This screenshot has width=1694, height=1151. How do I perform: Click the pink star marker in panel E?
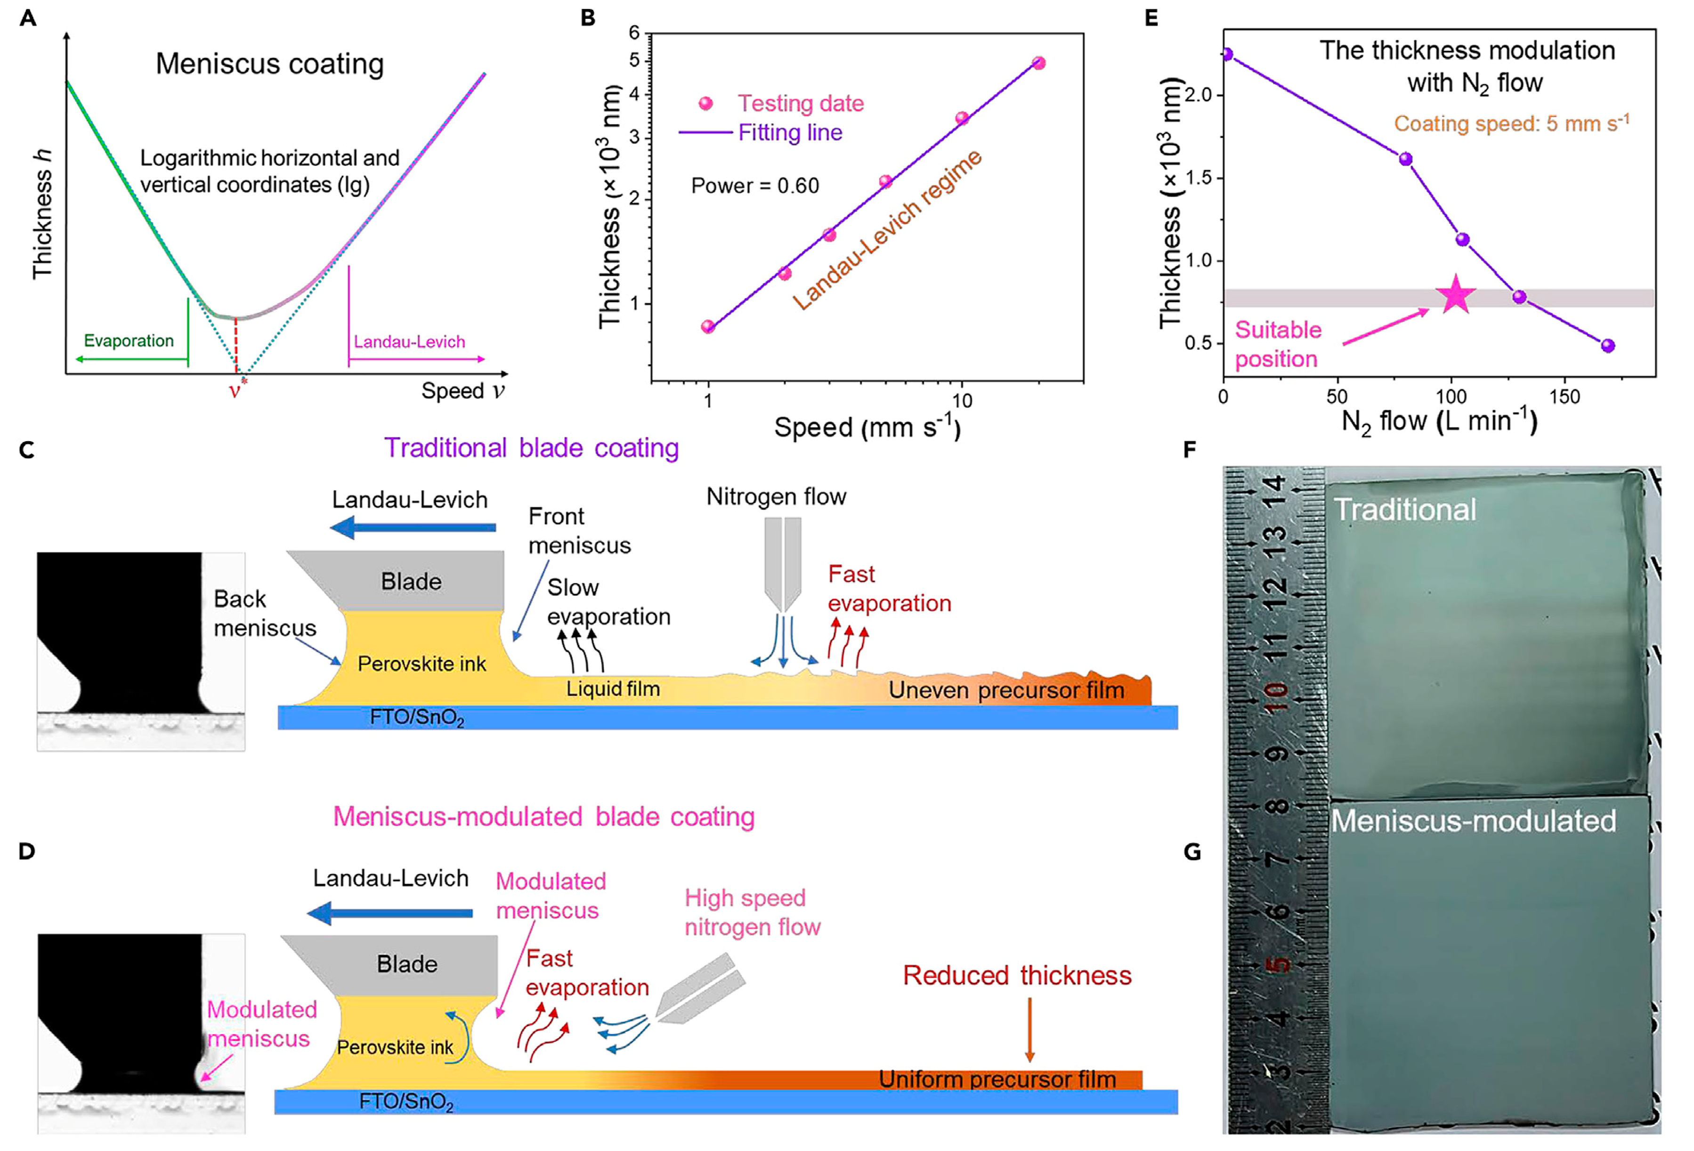(x=1455, y=295)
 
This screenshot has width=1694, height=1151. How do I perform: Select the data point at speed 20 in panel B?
(x=1039, y=64)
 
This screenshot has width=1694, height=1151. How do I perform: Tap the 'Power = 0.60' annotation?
(x=754, y=186)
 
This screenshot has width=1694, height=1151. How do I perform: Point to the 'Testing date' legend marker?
(x=705, y=104)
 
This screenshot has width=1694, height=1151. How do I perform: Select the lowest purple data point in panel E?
(x=1607, y=346)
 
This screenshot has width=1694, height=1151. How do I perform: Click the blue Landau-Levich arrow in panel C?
(x=413, y=527)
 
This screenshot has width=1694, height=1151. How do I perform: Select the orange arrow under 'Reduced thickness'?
(x=1029, y=1029)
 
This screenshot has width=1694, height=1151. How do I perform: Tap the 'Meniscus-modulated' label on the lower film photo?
(x=1473, y=821)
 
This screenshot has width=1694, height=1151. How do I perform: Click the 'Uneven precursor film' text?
(x=1006, y=690)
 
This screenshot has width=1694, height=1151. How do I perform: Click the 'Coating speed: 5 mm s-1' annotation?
(x=1511, y=123)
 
